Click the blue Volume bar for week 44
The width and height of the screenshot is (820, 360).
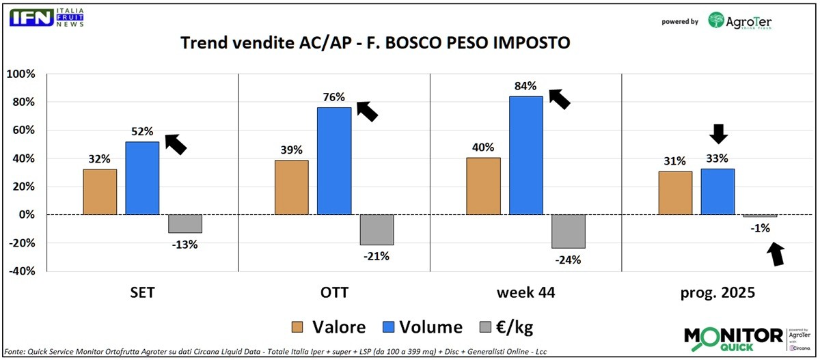[525, 155]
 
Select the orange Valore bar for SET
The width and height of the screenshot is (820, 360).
[100, 192]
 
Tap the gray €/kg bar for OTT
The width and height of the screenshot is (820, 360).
[377, 230]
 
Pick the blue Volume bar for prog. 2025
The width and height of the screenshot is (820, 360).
[717, 191]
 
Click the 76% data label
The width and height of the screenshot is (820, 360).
[334, 96]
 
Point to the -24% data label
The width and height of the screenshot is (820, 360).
[568, 260]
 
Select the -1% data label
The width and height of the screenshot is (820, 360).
[760, 228]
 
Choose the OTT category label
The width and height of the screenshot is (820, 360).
[334, 293]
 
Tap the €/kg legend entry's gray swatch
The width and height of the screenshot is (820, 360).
[490, 327]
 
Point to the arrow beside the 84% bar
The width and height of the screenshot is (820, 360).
[560, 99]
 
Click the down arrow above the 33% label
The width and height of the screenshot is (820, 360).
[717, 134]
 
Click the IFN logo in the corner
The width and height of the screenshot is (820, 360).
[31, 18]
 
